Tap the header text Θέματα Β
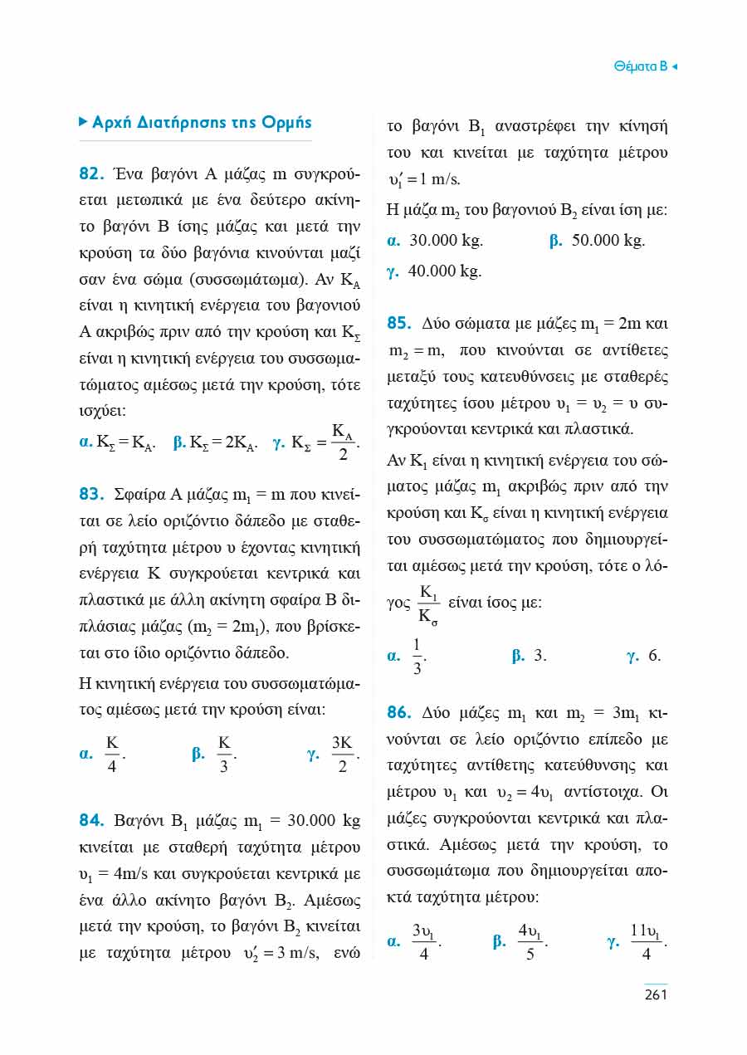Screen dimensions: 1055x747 [640, 66]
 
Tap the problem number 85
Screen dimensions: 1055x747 [400, 323]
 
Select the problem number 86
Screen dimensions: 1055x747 [400, 713]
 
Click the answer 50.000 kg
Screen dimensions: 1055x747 [608, 242]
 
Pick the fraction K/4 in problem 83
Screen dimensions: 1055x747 [113, 755]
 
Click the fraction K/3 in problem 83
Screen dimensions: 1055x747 [224, 755]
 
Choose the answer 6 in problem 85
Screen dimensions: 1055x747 [654, 656]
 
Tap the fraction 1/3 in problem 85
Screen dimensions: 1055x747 [417, 657]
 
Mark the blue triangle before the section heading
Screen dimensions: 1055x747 [82, 122]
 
